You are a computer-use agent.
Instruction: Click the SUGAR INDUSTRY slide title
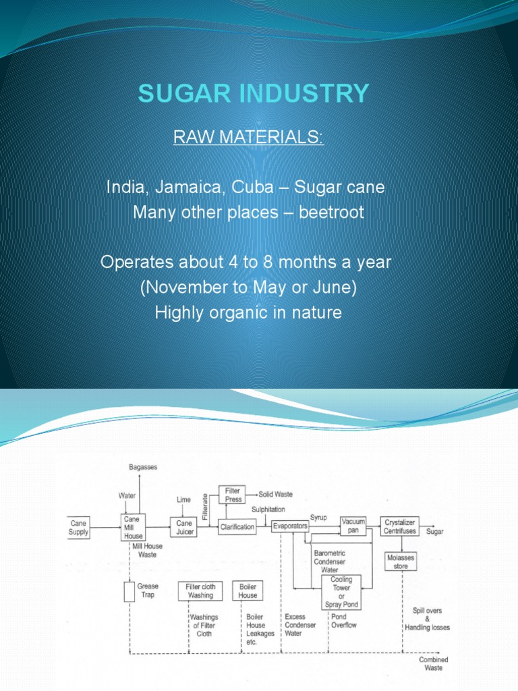pyautogui.click(x=254, y=92)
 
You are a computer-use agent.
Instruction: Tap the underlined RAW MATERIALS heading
pyautogui.click(x=249, y=138)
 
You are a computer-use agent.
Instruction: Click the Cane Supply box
pyautogui.click(x=78, y=527)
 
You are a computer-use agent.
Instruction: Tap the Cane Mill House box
pyautogui.click(x=133, y=527)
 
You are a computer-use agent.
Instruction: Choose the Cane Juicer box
pyautogui.click(x=185, y=527)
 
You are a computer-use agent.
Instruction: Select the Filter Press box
pyautogui.click(x=233, y=495)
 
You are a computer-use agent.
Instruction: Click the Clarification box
pyautogui.click(x=237, y=527)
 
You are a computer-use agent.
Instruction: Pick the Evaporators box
pyautogui.click(x=290, y=526)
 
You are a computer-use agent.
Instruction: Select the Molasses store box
pyautogui.click(x=401, y=561)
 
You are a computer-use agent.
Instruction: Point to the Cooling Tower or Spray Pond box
pyautogui.click(x=342, y=592)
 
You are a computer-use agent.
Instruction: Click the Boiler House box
pyautogui.click(x=248, y=591)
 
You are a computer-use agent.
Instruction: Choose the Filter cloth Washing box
pyautogui.click(x=200, y=591)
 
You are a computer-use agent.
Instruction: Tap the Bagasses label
pyautogui.click(x=143, y=467)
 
